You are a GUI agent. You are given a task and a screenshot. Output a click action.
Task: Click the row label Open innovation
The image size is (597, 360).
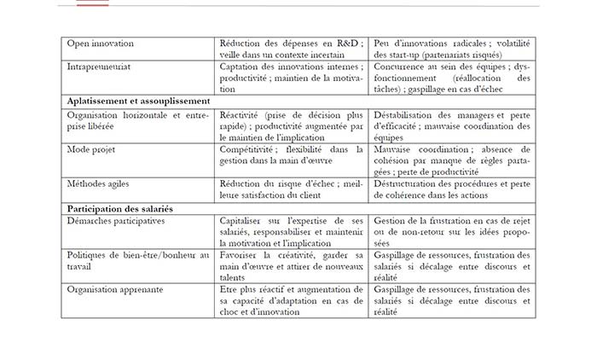coord(100,43)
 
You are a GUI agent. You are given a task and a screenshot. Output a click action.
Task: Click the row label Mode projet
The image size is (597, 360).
coord(91,148)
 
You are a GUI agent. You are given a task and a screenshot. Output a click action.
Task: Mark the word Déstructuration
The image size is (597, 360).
coord(411,183)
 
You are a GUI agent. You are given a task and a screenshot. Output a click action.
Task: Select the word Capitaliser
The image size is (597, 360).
coord(245,220)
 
